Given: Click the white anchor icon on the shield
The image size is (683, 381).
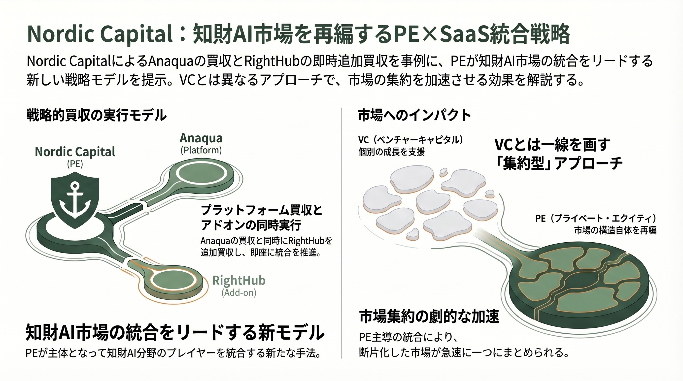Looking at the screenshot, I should click(75, 200).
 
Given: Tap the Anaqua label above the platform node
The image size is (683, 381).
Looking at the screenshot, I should click(201, 138).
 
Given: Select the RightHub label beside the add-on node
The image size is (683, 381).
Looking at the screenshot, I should click(239, 280).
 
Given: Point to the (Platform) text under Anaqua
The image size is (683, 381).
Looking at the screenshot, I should click(201, 150).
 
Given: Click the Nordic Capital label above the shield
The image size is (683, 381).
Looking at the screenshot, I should click(75, 152).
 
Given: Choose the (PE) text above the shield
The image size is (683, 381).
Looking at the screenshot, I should click(75, 164).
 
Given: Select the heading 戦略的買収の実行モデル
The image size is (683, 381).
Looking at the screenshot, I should click(97, 115).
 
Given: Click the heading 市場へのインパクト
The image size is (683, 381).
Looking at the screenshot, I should click(414, 115).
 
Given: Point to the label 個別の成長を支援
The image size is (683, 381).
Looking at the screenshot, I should click(391, 152).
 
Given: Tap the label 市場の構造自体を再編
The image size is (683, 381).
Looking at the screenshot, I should click(615, 230).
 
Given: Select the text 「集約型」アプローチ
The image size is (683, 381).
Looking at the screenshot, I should click(558, 163).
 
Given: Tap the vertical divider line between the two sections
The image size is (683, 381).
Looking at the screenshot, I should click(341, 233).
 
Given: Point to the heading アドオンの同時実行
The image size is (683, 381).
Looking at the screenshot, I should click(251, 225).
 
